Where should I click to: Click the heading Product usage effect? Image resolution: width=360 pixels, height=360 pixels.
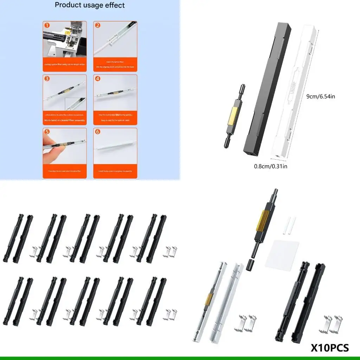[x=90, y=5]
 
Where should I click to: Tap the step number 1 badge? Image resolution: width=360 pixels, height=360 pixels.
[x=46, y=25]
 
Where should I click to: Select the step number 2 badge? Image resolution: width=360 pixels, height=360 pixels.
[x=98, y=25]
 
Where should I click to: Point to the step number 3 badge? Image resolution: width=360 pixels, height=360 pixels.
[x=46, y=79]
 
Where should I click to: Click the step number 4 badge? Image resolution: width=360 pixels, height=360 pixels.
[x=98, y=79]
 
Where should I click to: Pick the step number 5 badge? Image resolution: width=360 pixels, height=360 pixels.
[x=46, y=132]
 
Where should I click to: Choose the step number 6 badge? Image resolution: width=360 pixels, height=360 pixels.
[x=98, y=132]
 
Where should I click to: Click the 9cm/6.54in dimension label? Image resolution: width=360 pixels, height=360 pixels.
[x=321, y=96]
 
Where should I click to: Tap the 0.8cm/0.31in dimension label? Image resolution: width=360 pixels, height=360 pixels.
[x=270, y=166]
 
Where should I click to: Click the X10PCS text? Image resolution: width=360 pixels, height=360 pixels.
[x=330, y=348]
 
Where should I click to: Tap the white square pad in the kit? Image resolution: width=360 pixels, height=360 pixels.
[x=282, y=257]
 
